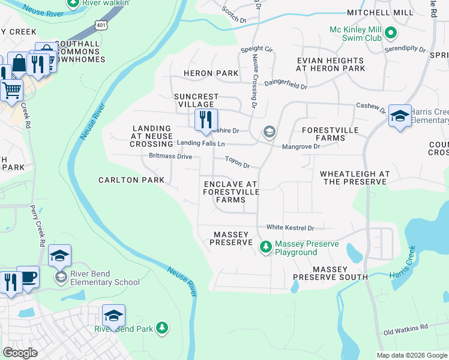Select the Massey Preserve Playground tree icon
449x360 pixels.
[x=265, y=247]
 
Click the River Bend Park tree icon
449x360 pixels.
[x=161, y=328]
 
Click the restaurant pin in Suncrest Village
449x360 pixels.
[x=205, y=119]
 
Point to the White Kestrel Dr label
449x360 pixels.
[x=291, y=228]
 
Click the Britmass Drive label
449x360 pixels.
[x=170, y=157]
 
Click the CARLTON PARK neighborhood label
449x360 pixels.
[x=131, y=180]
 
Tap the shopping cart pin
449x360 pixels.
[x=11, y=91]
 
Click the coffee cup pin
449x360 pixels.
[x=28, y=277]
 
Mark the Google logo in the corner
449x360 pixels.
[x=20, y=353]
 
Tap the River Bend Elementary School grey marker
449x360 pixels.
[x=61, y=277]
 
